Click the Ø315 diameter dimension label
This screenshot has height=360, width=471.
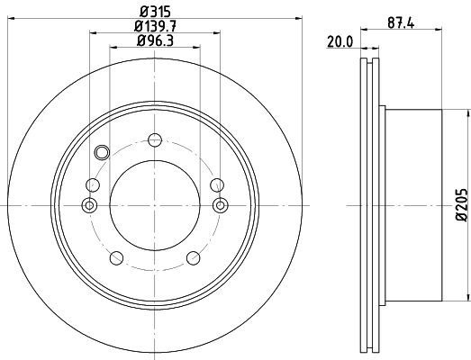point(155,12)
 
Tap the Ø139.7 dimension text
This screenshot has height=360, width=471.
point(155,26)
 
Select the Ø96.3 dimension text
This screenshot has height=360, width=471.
point(155,40)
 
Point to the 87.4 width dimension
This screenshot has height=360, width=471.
point(401,22)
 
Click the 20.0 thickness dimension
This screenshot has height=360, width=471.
point(340,42)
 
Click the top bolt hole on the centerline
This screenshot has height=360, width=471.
point(155,139)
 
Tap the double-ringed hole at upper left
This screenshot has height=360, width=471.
point(102,152)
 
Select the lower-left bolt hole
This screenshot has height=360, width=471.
point(116,258)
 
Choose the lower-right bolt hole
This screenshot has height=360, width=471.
point(193,258)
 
